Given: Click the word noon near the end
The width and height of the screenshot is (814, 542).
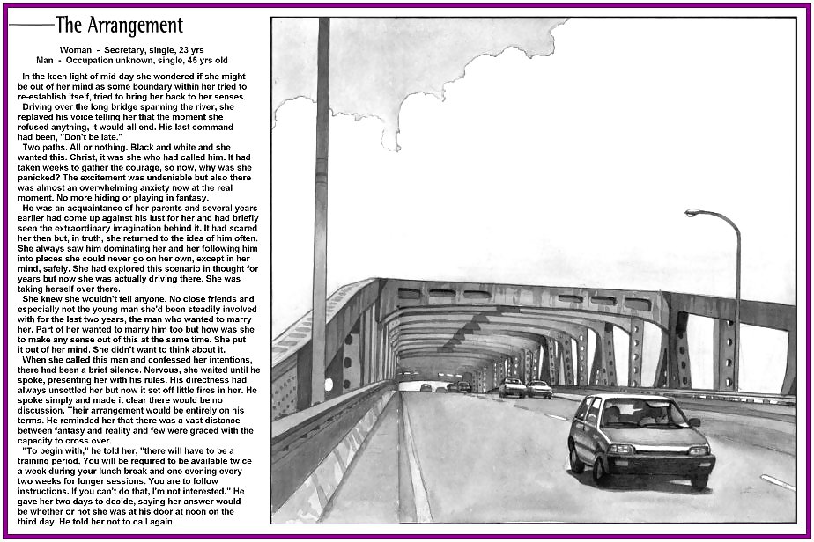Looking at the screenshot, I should click(203, 511).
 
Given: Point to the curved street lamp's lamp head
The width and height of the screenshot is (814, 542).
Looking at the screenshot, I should click(692, 213).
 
